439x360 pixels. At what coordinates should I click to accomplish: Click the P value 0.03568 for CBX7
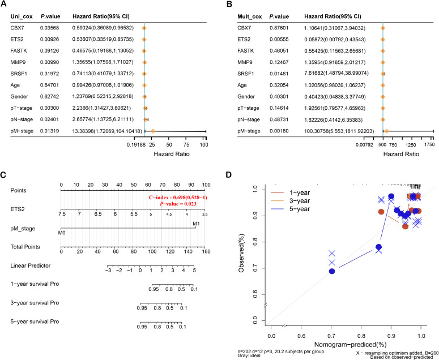pyautogui.click(x=49, y=27)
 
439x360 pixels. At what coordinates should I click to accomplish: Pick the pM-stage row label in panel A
pyautogui.click(x=23, y=131)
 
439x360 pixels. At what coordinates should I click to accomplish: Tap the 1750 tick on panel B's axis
pyautogui.click(x=429, y=145)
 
